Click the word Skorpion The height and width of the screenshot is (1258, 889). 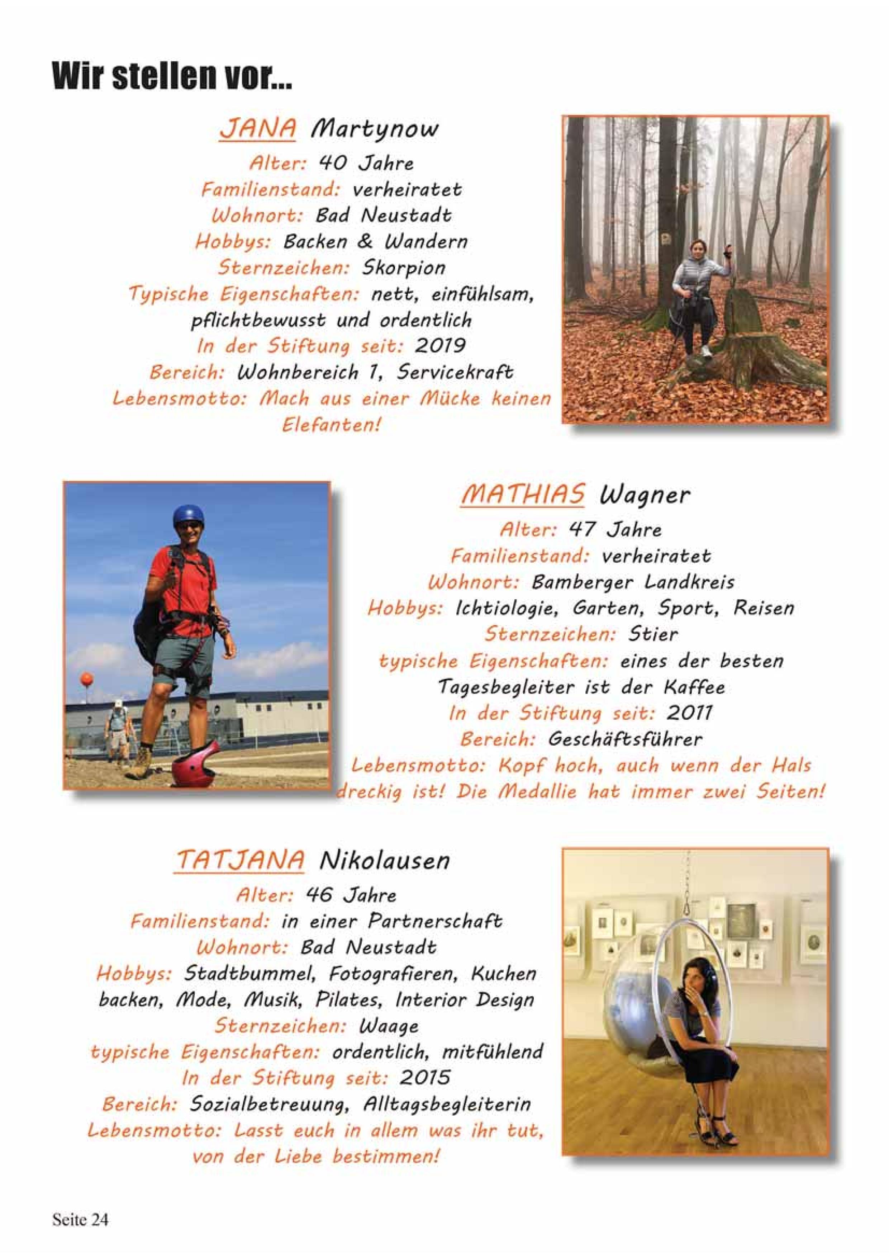pyautogui.click(x=404, y=268)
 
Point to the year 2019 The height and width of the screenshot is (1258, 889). pyautogui.click(x=441, y=346)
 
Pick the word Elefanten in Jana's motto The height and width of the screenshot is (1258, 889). pyautogui.click(x=330, y=425)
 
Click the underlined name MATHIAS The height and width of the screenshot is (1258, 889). pyautogui.click(x=522, y=495)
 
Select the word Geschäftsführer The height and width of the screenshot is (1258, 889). pyautogui.click(x=624, y=740)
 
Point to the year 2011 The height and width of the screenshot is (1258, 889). pyautogui.click(x=690, y=713)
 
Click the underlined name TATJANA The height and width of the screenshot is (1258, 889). pyautogui.click(x=240, y=861)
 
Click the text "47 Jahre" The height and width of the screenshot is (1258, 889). pyautogui.click(x=615, y=530)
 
